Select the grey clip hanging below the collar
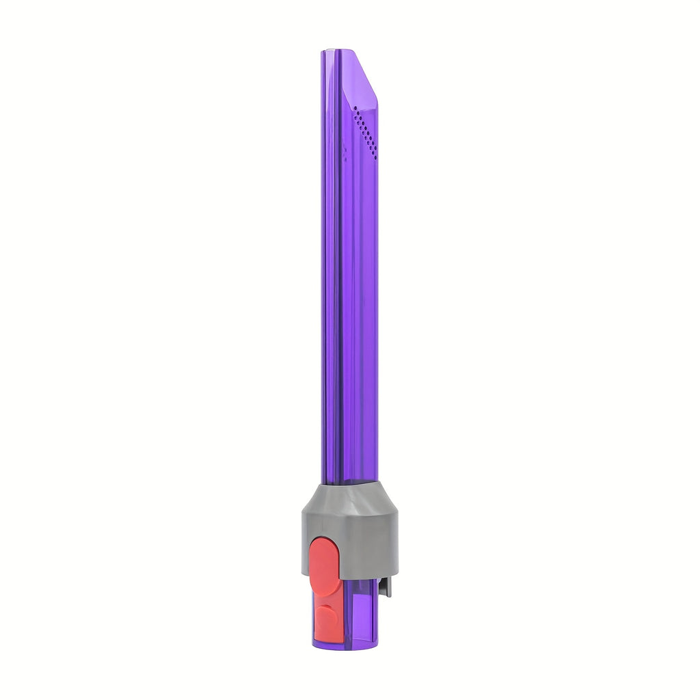click(x=386, y=586)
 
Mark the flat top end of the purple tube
click(x=338, y=51)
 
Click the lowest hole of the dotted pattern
click(x=374, y=157)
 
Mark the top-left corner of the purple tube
click(x=322, y=52)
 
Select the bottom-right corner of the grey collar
click(x=396, y=573)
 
